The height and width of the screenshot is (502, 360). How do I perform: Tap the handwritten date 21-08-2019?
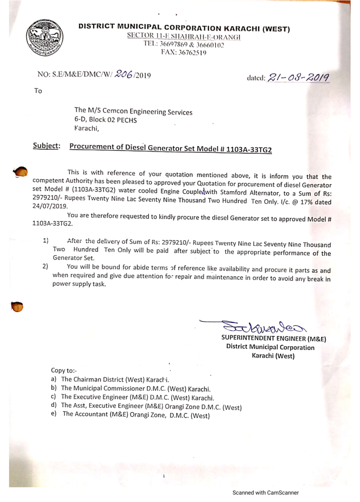pos(298,78)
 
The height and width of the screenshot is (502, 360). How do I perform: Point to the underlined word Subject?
pos(46,146)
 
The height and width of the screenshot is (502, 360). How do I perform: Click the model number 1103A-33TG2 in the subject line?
pos(249,150)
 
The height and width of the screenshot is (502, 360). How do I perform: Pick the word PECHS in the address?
pos(126,120)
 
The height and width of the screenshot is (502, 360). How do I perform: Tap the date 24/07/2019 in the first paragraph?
pos(50,206)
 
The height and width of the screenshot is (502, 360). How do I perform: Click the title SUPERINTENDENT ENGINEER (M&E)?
pos(273,338)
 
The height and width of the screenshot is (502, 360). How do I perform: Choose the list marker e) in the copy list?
pos(54,413)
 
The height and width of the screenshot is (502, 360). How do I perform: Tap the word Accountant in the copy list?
pos(93,414)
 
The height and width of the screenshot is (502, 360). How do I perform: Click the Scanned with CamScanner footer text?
pos(265,493)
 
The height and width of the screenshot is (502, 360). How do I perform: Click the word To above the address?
pos(38,91)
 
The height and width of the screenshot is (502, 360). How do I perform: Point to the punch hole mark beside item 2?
pos(17,306)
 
